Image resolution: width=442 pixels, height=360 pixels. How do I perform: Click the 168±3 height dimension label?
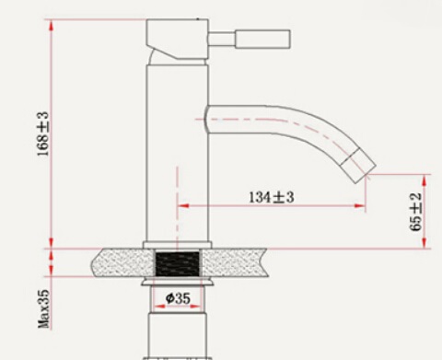click(43, 134)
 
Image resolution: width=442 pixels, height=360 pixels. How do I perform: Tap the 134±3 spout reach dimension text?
click(272, 197)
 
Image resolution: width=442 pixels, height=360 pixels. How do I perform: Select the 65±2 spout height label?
click(416, 212)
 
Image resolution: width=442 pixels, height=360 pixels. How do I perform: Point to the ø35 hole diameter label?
click(178, 298)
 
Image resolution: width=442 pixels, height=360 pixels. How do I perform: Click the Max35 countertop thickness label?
click(43, 308)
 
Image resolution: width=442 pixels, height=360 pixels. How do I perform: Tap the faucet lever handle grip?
click(262, 39)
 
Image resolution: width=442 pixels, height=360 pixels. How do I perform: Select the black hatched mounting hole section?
click(178, 263)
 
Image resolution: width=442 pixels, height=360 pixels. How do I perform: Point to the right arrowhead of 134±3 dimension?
click(360, 205)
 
